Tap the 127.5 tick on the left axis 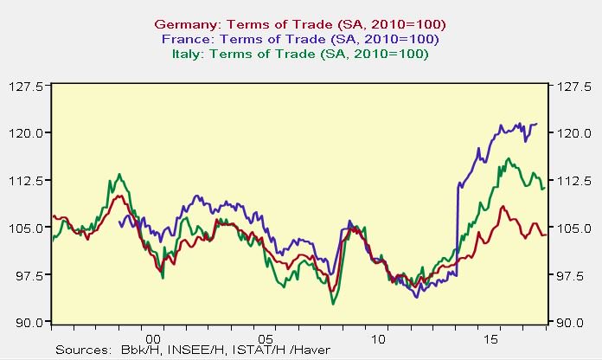click(x=32, y=86)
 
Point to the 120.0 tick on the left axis click(x=32, y=133)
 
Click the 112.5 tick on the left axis click(x=32, y=180)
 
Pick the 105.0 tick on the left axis click(x=32, y=228)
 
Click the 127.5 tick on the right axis click(x=569, y=86)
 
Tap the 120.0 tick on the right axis click(x=569, y=133)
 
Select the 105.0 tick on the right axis click(x=569, y=228)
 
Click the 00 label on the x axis click(x=154, y=338)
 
